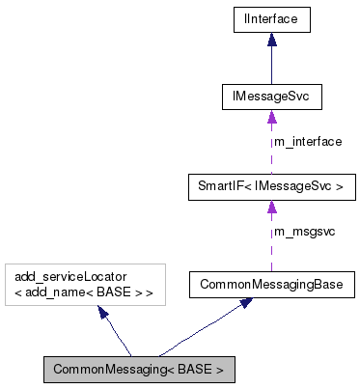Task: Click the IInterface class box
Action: [271, 17]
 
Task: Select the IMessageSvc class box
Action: [271, 97]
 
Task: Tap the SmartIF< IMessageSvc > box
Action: [271, 184]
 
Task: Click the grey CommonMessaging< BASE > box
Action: [138, 369]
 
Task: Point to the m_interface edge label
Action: [308, 141]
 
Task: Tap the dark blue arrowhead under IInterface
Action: [271, 40]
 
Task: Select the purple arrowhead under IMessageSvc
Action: [271, 118]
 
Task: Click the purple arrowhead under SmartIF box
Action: [271, 206]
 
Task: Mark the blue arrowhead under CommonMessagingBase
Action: [247, 303]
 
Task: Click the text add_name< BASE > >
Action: [83, 292]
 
